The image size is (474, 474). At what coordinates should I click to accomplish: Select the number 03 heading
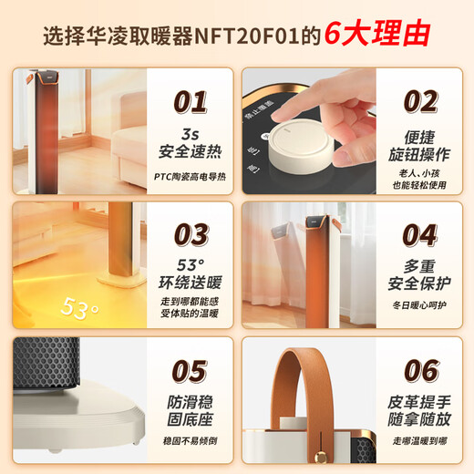click(191, 233)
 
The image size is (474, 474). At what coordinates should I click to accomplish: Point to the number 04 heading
click(420, 233)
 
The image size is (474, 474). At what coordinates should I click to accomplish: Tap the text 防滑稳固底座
click(191, 413)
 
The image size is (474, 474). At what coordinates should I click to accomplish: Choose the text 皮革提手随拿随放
click(420, 413)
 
